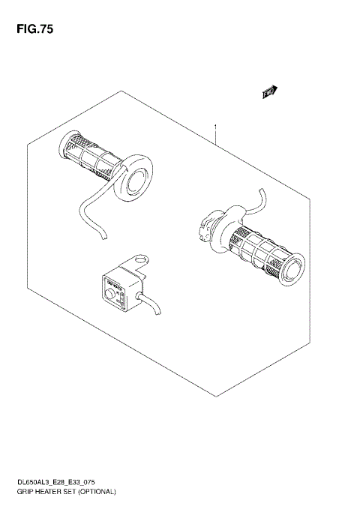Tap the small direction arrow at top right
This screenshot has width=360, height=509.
point(269,92)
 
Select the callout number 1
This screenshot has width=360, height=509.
point(215,127)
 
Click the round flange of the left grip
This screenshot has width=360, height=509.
point(135,178)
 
